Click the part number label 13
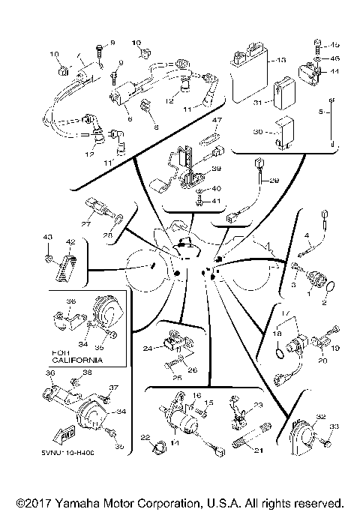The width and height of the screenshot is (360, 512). point(282,59)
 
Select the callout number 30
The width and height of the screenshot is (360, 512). point(256,132)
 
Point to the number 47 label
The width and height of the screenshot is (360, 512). point(217,120)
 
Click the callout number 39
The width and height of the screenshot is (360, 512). point(216,169)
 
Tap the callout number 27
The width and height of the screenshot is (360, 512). point(85,223)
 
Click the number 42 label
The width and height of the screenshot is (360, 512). point(70,242)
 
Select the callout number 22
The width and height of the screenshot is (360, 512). point(145,438)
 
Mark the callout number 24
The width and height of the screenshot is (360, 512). point(148,349)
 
